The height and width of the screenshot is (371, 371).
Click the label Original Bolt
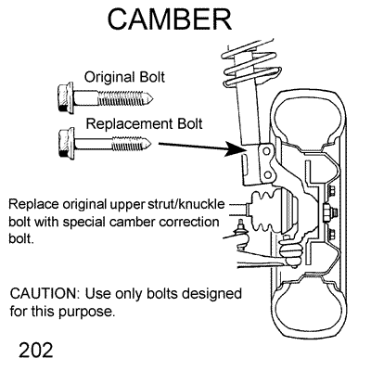coord(125,77)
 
